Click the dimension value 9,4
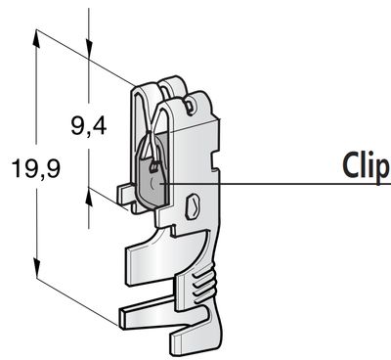[89, 126]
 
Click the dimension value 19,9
[36, 168]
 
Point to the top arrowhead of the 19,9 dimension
[36, 38]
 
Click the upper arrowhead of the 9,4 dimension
[89, 49]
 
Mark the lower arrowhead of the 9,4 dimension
[89, 197]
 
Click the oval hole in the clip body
[193, 206]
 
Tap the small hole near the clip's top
[189, 106]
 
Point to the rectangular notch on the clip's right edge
[215, 159]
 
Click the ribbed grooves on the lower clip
[202, 285]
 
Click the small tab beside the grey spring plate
[125, 195]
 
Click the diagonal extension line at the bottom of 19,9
[77, 301]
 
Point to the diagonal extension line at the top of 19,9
[85, 58]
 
